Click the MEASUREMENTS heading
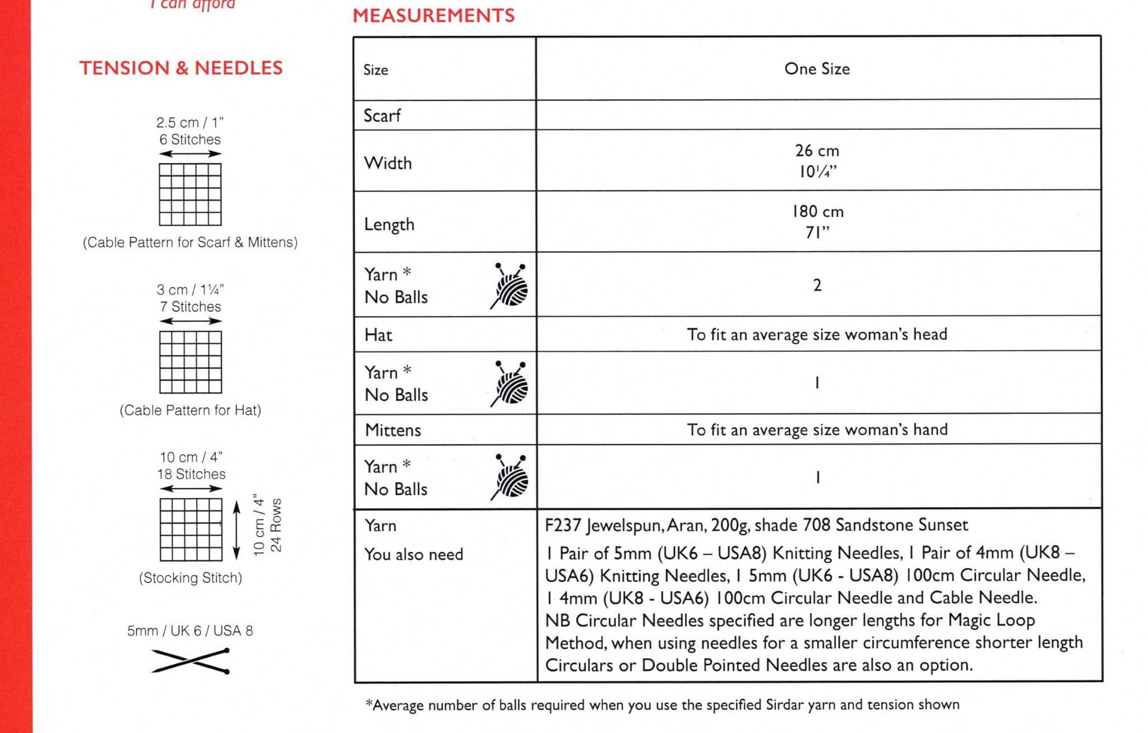point(433,15)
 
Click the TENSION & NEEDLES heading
point(181,68)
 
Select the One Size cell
point(817,69)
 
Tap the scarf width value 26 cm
point(817,151)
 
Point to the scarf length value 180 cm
point(817,212)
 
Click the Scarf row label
point(382,116)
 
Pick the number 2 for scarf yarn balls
point(817,285)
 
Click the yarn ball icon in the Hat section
point(510,384)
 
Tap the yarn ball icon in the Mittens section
point(510,477)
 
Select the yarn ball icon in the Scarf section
point(510,286)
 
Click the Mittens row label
point(393,430)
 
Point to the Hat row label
point(378,335)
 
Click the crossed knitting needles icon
point(191,661)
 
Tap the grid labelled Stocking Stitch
point(191,530)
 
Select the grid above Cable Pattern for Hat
point(191,362)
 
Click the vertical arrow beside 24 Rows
point(237,530)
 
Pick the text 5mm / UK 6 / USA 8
point(190,631)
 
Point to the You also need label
point(414,555)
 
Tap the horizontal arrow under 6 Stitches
point(191,154)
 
